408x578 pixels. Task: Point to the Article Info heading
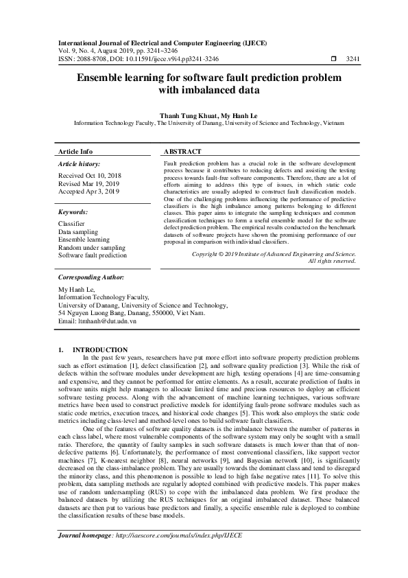click(x=75, y=151)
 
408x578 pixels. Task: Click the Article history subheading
click(x=80, y=165)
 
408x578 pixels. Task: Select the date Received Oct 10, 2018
click(x=89, y=176)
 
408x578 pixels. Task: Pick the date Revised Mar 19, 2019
click(x=88, y=184)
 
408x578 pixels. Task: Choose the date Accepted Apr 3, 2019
click(x=88, y=192)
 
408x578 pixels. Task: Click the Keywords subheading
click(x=73, y=213)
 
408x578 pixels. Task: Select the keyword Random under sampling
click(x=92, y=247)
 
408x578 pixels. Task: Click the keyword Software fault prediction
click(x=93, y=255)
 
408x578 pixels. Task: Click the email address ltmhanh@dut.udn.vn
click(x=107, y=321)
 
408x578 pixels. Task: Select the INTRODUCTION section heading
click(x=100, y=349)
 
